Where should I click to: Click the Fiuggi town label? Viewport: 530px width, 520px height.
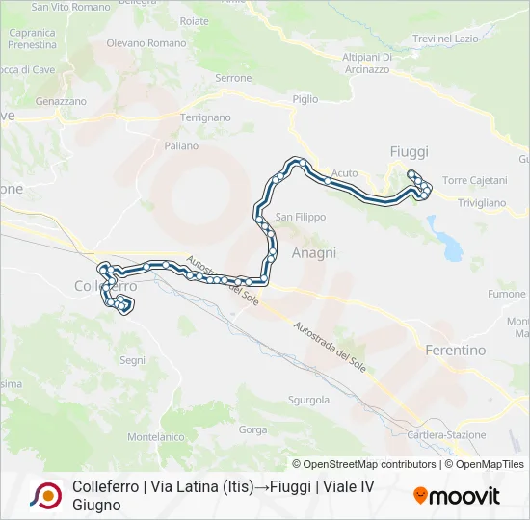click(409, 152)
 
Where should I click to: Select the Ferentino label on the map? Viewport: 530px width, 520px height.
click(455, 351)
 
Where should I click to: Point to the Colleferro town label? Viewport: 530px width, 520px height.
click(105, 287)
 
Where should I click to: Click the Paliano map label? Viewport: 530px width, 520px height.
click(181, 146)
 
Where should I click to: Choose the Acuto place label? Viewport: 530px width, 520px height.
click(344, 173)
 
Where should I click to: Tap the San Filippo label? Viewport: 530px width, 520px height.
click(302, 217)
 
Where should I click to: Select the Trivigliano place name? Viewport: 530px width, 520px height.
click(481, 203)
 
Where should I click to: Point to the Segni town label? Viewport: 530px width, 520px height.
click(132, 360)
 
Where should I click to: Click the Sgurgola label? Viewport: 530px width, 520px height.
click(309, 400)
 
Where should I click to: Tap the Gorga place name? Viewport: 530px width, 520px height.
click(252, 429)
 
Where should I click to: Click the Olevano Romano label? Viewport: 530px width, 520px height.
click(146, 44)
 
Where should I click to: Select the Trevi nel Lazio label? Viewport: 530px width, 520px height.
click(444, 39)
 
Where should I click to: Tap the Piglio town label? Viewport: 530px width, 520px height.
click(305, 99)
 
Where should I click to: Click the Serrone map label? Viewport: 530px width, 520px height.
click(233, 78)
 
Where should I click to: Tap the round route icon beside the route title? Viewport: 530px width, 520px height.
click(46, 496)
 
